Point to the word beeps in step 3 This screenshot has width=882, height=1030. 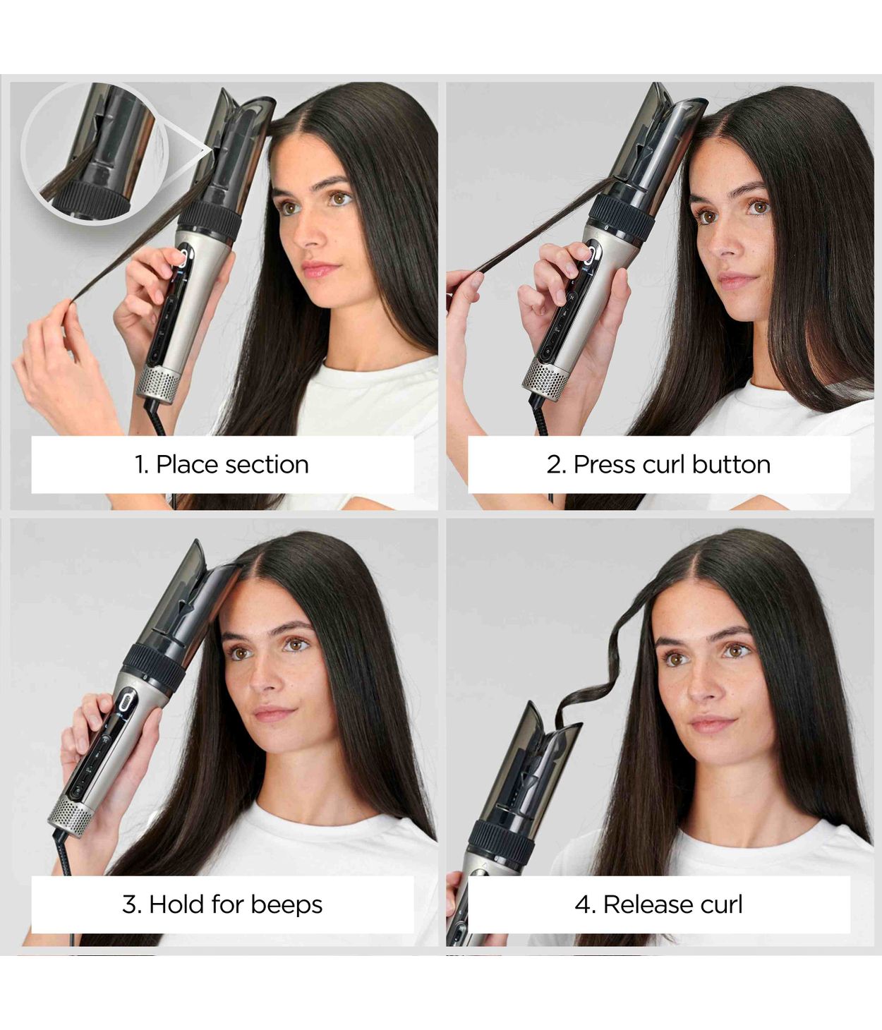pos(286,904)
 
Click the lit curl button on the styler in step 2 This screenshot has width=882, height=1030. pos(587,254)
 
